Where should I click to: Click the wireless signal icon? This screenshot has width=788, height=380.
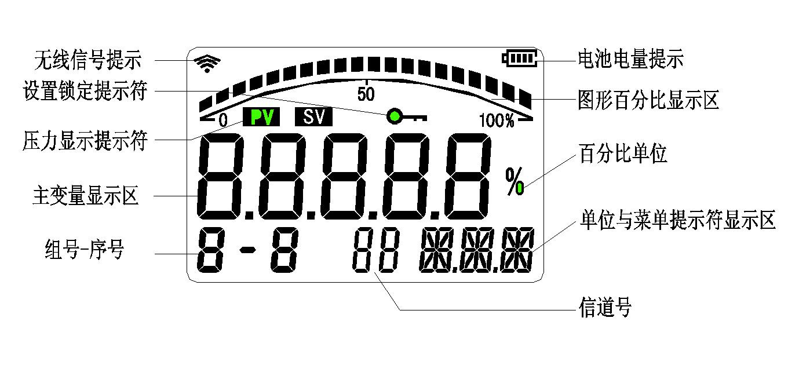coord(207,63)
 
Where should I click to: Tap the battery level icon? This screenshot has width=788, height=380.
coord(520,58)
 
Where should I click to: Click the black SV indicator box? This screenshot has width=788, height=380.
coord(313,118)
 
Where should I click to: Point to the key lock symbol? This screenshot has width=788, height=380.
coord(406,117)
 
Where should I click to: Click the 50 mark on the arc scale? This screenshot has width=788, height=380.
coord(366,94)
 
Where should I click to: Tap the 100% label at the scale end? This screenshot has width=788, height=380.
coord(497,121)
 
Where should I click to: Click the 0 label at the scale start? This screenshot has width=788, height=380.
coord(223,121)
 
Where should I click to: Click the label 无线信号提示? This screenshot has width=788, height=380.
coord(87,59)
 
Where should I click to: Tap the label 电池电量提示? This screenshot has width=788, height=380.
coord(630,59)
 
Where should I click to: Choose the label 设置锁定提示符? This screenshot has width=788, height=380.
coord(85,91)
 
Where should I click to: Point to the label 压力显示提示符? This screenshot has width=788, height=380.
coord(85,140)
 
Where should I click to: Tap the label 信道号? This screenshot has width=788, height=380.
coord(605,307)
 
